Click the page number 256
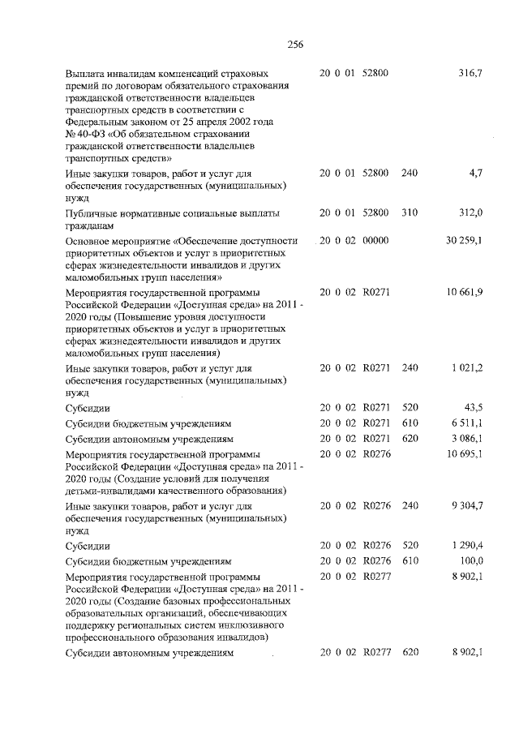(294, 45)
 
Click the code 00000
(375, 240)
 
